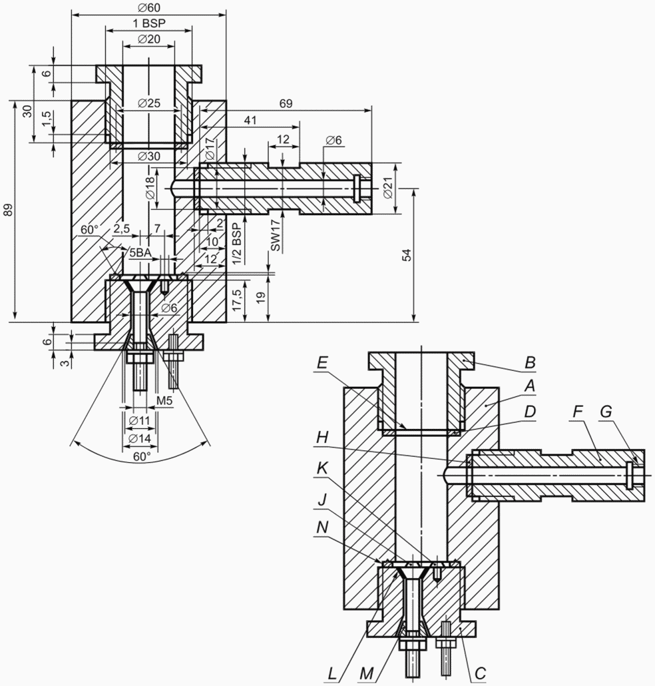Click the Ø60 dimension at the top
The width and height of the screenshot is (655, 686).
pos(148,7)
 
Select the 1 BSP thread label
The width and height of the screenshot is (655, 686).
pos(149,23)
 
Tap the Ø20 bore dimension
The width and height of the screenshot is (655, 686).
pos(148,39)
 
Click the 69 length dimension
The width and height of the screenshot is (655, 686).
pos(286,103)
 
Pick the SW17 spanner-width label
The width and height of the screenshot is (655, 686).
pos(276,238)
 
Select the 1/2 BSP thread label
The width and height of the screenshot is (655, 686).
pos(236,244)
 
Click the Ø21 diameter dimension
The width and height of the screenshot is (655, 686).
pos(387,189)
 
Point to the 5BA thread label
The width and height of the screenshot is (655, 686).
pos(140,252)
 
